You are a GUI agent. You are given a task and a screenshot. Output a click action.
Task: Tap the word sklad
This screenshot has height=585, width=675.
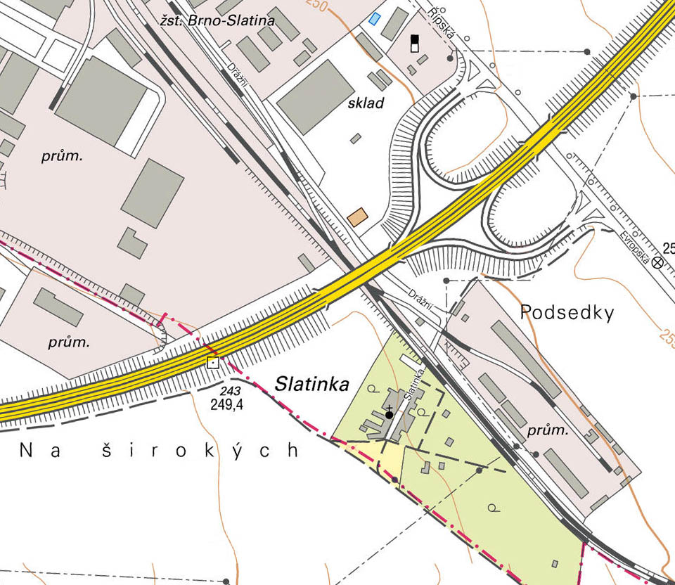coord(366,103)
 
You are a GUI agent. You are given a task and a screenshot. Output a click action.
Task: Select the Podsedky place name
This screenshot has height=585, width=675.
coord(567,313)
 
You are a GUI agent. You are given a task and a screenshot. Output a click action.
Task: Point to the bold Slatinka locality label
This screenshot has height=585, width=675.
coord(312,385)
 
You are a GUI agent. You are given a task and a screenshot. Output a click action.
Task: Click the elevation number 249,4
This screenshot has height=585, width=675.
coord(226,405)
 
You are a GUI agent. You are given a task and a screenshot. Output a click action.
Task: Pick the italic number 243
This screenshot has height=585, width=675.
coord(230,392)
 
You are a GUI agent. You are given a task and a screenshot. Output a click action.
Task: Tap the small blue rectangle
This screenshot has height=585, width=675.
coord(375,18)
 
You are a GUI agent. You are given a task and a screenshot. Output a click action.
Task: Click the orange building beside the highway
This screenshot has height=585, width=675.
coord(358,216)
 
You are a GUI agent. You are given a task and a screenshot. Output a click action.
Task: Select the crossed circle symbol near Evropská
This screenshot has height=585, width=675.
coord(657,263)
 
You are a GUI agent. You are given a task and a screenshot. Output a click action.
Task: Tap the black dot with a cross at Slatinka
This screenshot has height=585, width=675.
coord(389,414)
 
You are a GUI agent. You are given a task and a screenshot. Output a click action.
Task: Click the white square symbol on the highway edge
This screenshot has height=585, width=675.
coord(212,363)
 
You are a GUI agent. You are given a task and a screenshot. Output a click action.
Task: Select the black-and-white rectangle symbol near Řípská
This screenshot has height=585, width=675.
coord(415,43)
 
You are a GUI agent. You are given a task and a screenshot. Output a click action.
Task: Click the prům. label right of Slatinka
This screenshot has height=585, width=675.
coord(546,429)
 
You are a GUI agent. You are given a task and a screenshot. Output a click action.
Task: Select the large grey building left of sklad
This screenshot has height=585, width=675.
coord(315,96)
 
